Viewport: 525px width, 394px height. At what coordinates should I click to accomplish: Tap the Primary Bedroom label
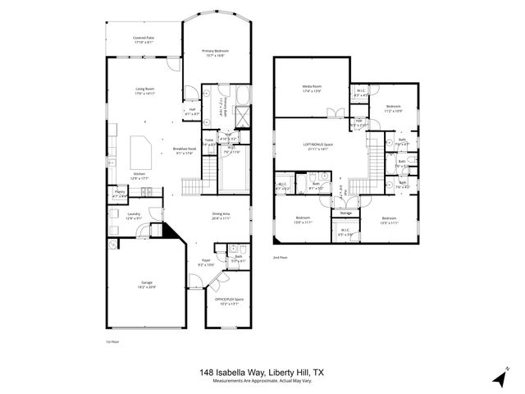click(215, 51)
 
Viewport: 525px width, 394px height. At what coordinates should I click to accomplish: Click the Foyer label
click(205, 262)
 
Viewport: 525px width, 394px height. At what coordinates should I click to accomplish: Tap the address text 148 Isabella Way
click(233, 372)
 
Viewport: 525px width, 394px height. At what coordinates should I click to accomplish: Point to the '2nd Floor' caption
click(281, 258)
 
